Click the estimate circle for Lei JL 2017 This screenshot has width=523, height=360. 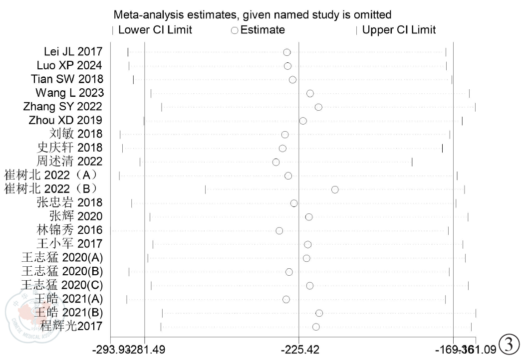(287, 52)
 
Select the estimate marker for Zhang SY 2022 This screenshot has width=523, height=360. (318, 107)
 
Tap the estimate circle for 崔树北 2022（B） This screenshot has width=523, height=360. (335, 189)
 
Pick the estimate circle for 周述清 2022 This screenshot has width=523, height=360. (276, 162)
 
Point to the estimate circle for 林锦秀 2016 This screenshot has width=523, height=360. (279, 230)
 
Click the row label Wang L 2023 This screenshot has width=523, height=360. (69, 93)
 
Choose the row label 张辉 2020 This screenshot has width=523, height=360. (76, 216)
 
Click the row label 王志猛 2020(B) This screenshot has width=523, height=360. (62, 272)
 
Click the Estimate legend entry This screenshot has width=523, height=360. (258, 30)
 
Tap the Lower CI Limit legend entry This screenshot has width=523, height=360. (152, 30)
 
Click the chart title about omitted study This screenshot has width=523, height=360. (253, 15)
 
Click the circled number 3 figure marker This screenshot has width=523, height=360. (509, 344)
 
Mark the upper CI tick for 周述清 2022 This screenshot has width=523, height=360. (412, 162)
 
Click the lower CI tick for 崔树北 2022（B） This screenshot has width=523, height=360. (205, 189)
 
